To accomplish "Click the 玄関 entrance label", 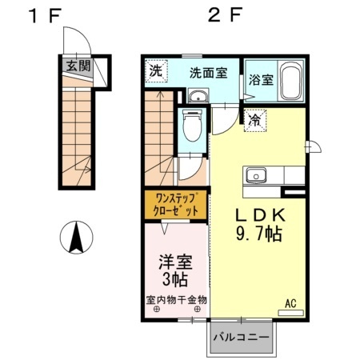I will tap(78, 66).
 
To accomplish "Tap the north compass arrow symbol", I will tap(78, 238).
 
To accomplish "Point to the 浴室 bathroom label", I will tap(260, 80).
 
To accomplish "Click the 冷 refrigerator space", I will tap(255, 120).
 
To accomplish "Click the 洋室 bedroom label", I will tap(175, 262).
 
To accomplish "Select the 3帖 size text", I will tap(175, 280).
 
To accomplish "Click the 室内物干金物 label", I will tap(176, 299).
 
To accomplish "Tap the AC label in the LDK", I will tap(291, 304).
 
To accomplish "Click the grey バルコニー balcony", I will tap(244, 337).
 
